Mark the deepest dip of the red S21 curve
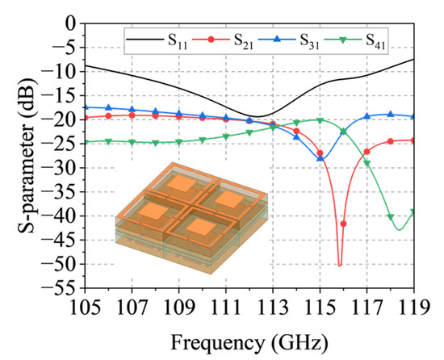(x=340, y=265)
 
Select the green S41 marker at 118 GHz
(x=391, y=216)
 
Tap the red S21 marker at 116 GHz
(x=344, y=224)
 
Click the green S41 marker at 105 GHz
(x=86, y=142)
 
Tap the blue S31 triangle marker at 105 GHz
(x=86, y=107)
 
